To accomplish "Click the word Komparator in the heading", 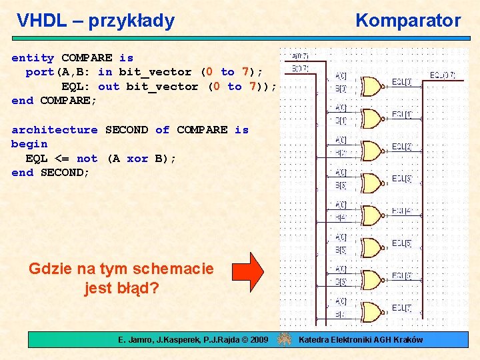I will (x=408, y=21).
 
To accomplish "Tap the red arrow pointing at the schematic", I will (x=248, y=272).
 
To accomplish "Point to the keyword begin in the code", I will (x=29, y=144).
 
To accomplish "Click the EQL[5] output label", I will (x=401, y=243).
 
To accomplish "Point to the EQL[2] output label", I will (x=401, y=146).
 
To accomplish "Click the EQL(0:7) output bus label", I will (x=442, y=75).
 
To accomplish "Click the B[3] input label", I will (x=341, y=185).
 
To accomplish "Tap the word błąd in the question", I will (x=138, y=289).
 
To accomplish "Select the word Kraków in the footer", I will (x=407, y=340).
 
